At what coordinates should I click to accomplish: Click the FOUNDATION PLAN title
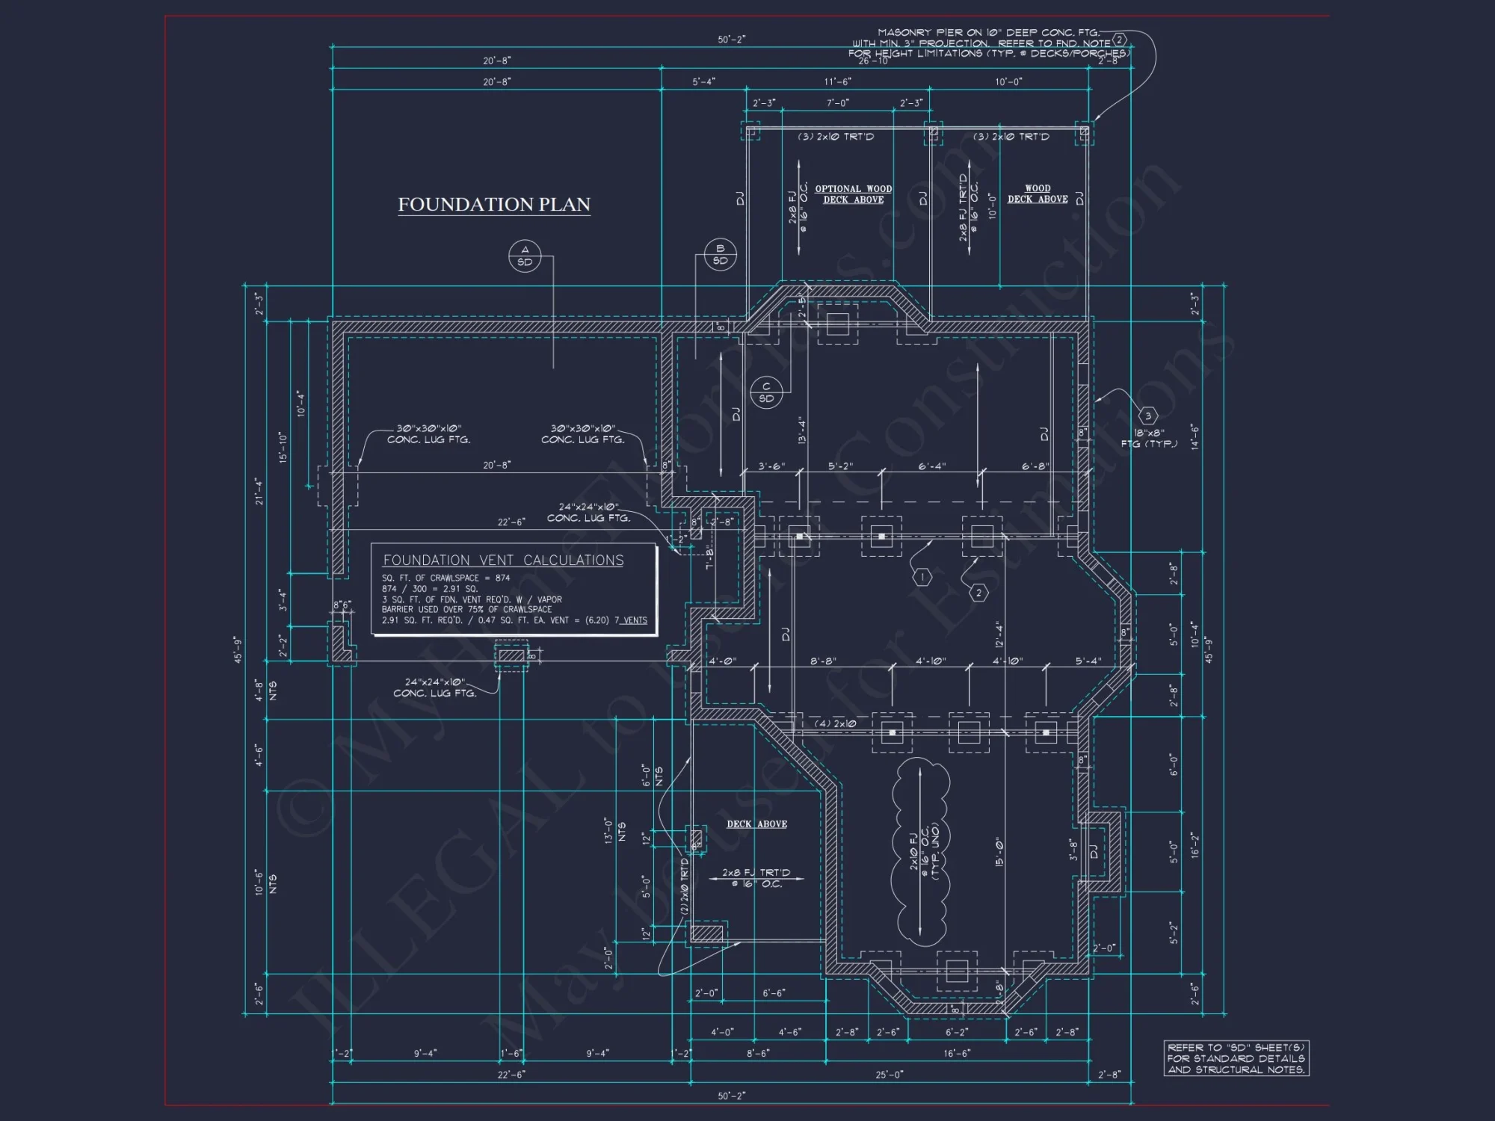point(494,205)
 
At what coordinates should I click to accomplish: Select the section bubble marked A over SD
point(525,256)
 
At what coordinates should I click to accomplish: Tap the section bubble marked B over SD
point(720,255)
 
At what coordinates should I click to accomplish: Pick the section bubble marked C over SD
point(766,392)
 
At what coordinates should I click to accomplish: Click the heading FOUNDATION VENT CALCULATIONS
point(503,560)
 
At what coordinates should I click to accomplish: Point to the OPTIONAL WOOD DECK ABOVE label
point(853,194)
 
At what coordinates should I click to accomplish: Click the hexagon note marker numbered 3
point(1148,416)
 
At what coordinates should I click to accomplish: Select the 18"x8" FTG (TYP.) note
point(1149,439)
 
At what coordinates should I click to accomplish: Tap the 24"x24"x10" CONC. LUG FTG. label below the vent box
point(434,688)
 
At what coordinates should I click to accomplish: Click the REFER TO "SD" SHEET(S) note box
point(1236,1058)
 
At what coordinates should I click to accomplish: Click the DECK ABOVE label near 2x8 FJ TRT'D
point(756,824)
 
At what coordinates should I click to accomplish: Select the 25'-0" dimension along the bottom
point(889,1075)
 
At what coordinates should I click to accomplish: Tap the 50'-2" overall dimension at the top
point(731,40)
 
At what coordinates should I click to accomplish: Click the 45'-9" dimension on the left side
point(238,649)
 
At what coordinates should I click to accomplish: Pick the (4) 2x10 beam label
point(835,723)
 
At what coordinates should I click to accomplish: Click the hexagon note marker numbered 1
point(922,577)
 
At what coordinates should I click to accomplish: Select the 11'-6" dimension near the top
point(837,81)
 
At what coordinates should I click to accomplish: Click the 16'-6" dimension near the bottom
point(956,1054)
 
